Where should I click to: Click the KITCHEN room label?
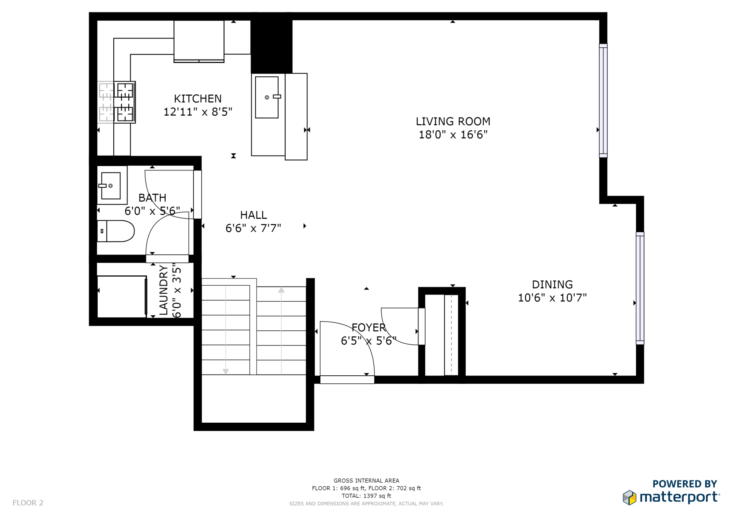point(198,99)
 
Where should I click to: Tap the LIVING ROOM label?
point(453,122)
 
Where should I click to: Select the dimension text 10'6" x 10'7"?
point(552,298)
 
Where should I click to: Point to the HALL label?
point(253,215)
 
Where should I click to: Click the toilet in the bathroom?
point(116,231)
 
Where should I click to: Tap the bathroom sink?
point(111,186)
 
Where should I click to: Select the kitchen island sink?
point(267,97)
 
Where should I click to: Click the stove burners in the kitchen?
point(116,102)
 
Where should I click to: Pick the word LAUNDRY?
point(163,290)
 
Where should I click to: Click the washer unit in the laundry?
point(122,297)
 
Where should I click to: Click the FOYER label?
point(369,328)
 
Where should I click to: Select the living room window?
point(603,101)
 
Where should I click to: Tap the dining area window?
point(640,288)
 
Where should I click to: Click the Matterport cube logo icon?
point(630,498)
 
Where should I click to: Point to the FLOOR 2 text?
point(28,503)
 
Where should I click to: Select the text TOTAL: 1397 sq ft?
point(366,496)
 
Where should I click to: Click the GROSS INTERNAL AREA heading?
point(366,481)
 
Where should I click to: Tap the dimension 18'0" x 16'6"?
point(453,135)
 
